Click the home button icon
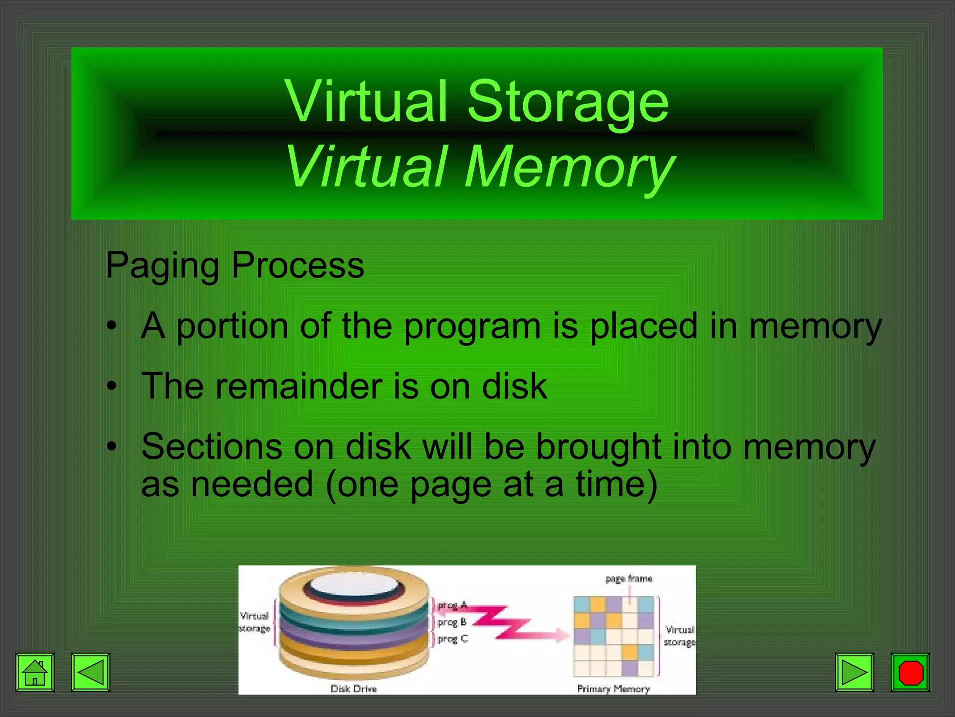[x=35, y=672]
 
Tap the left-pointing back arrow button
[x=90, y=672]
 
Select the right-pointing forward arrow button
[x=854, y=672]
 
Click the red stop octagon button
[x=910, y=672]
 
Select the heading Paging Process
[x=235, y=265]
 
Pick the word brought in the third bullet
[x=598, y=447]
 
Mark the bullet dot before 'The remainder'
[x=111, y=387]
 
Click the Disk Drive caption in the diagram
[x=353, y=689]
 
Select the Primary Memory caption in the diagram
[x=613, y=689]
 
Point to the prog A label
[x=452, y=605]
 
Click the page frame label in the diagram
[x=629, y=579]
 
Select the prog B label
[x=452, y=622]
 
